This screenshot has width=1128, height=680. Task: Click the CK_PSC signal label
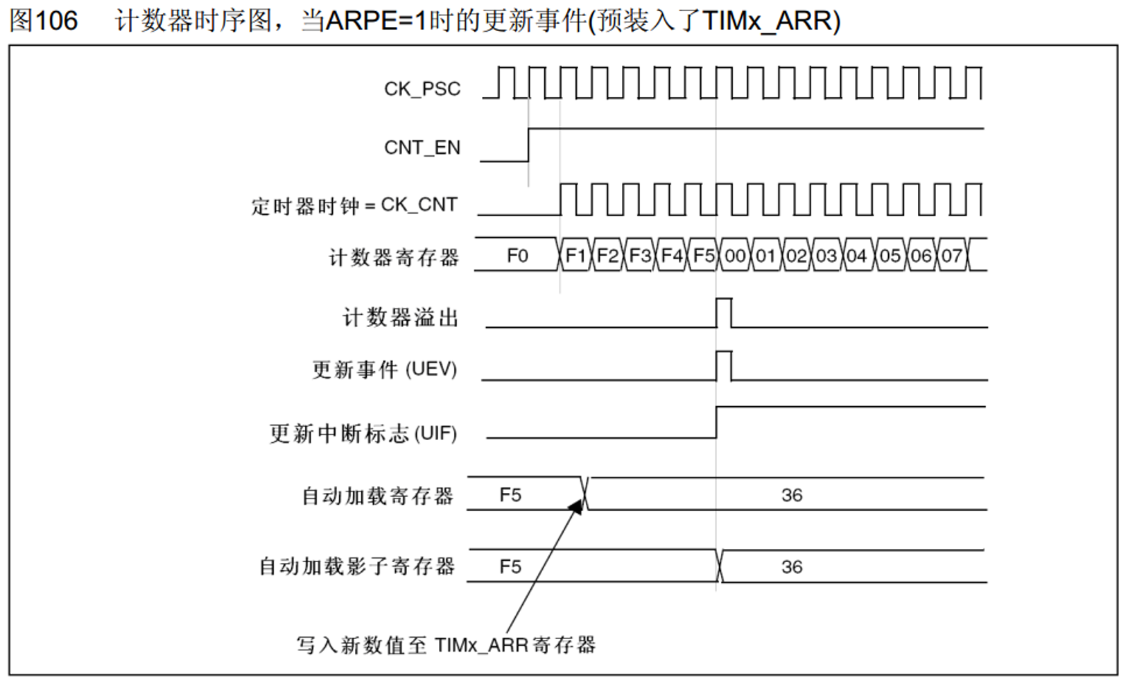tap(422, 89)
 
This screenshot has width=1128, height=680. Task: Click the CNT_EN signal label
tap(422, 148)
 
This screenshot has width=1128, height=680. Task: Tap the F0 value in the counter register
tap(517, 256)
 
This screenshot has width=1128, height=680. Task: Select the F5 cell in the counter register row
tap(704, 256)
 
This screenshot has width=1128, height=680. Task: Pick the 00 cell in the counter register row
tap(735, 256)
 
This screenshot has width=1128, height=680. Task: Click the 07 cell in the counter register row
tap(952, 256)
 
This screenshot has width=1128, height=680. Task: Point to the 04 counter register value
tap(857, 256)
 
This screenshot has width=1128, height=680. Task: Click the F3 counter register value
tap(640, 256)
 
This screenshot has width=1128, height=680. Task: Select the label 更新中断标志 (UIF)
tap(363, 434)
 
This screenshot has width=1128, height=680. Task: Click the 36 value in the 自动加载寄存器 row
tap(792, 495)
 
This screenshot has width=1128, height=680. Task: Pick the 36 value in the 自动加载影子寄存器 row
tap(792, 567)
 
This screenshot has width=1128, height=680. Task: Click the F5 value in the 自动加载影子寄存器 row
tap(510, 567)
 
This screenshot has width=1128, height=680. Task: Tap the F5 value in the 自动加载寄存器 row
tap(510, 495)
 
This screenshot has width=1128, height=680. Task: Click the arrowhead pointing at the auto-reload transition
tap(576, 507)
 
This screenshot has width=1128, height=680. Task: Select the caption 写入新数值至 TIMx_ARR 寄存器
tap(446, 645)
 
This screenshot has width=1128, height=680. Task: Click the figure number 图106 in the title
tap(44, 21)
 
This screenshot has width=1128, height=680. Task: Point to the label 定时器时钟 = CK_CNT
tap(354, 206)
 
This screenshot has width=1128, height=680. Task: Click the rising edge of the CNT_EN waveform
tap(528, 145)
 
